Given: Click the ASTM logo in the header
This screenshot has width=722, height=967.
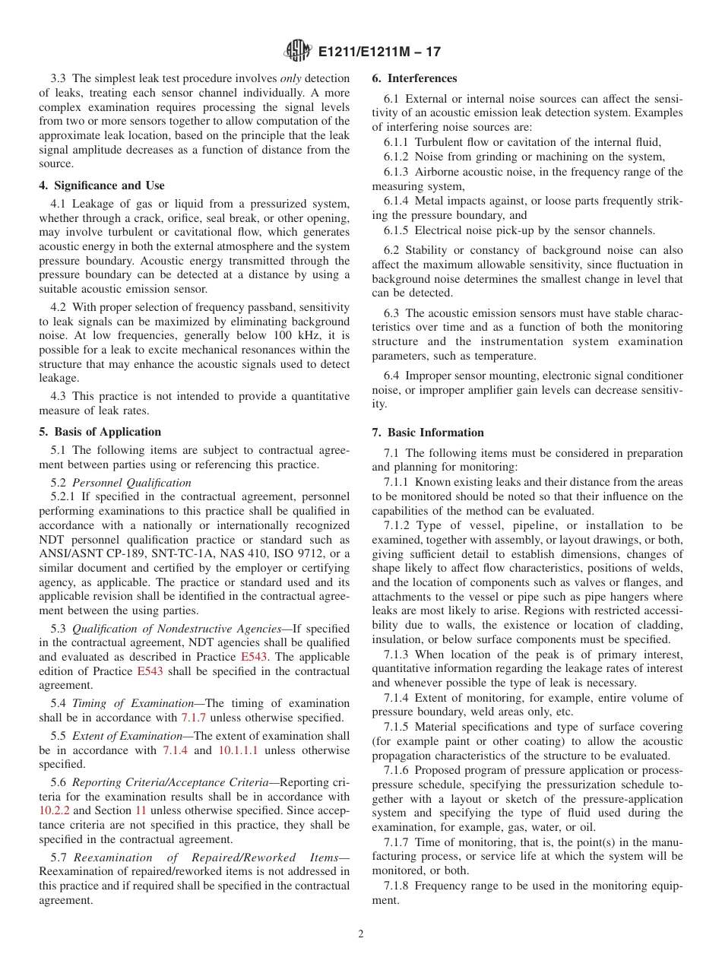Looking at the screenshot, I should [298, 51].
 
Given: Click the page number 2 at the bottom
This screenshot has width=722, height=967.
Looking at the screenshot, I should [361, 934].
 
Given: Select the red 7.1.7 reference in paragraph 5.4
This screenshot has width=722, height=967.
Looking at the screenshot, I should [194, 717].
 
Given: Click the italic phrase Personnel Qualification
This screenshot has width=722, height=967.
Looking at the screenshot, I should [131, 483].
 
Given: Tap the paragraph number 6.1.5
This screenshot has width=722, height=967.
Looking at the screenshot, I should [396, 230].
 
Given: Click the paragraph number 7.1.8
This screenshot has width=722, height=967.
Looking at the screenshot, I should [396, 886].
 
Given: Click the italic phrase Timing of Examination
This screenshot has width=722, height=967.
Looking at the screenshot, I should [132, 703].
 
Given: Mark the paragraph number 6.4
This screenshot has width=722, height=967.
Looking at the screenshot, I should [391, 376].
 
